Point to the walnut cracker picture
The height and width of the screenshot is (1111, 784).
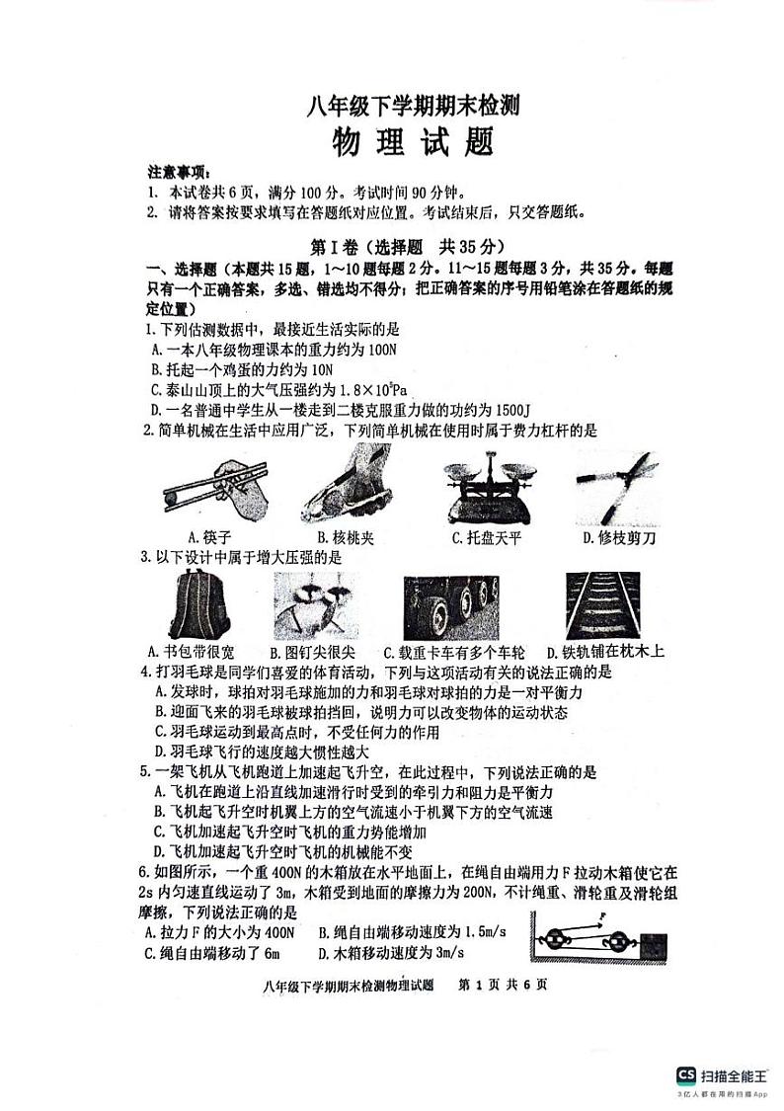344,486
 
